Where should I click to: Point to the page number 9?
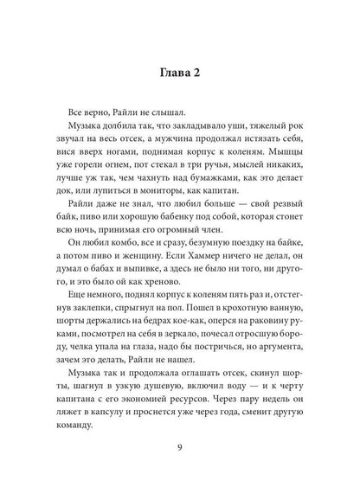point(181,446)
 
